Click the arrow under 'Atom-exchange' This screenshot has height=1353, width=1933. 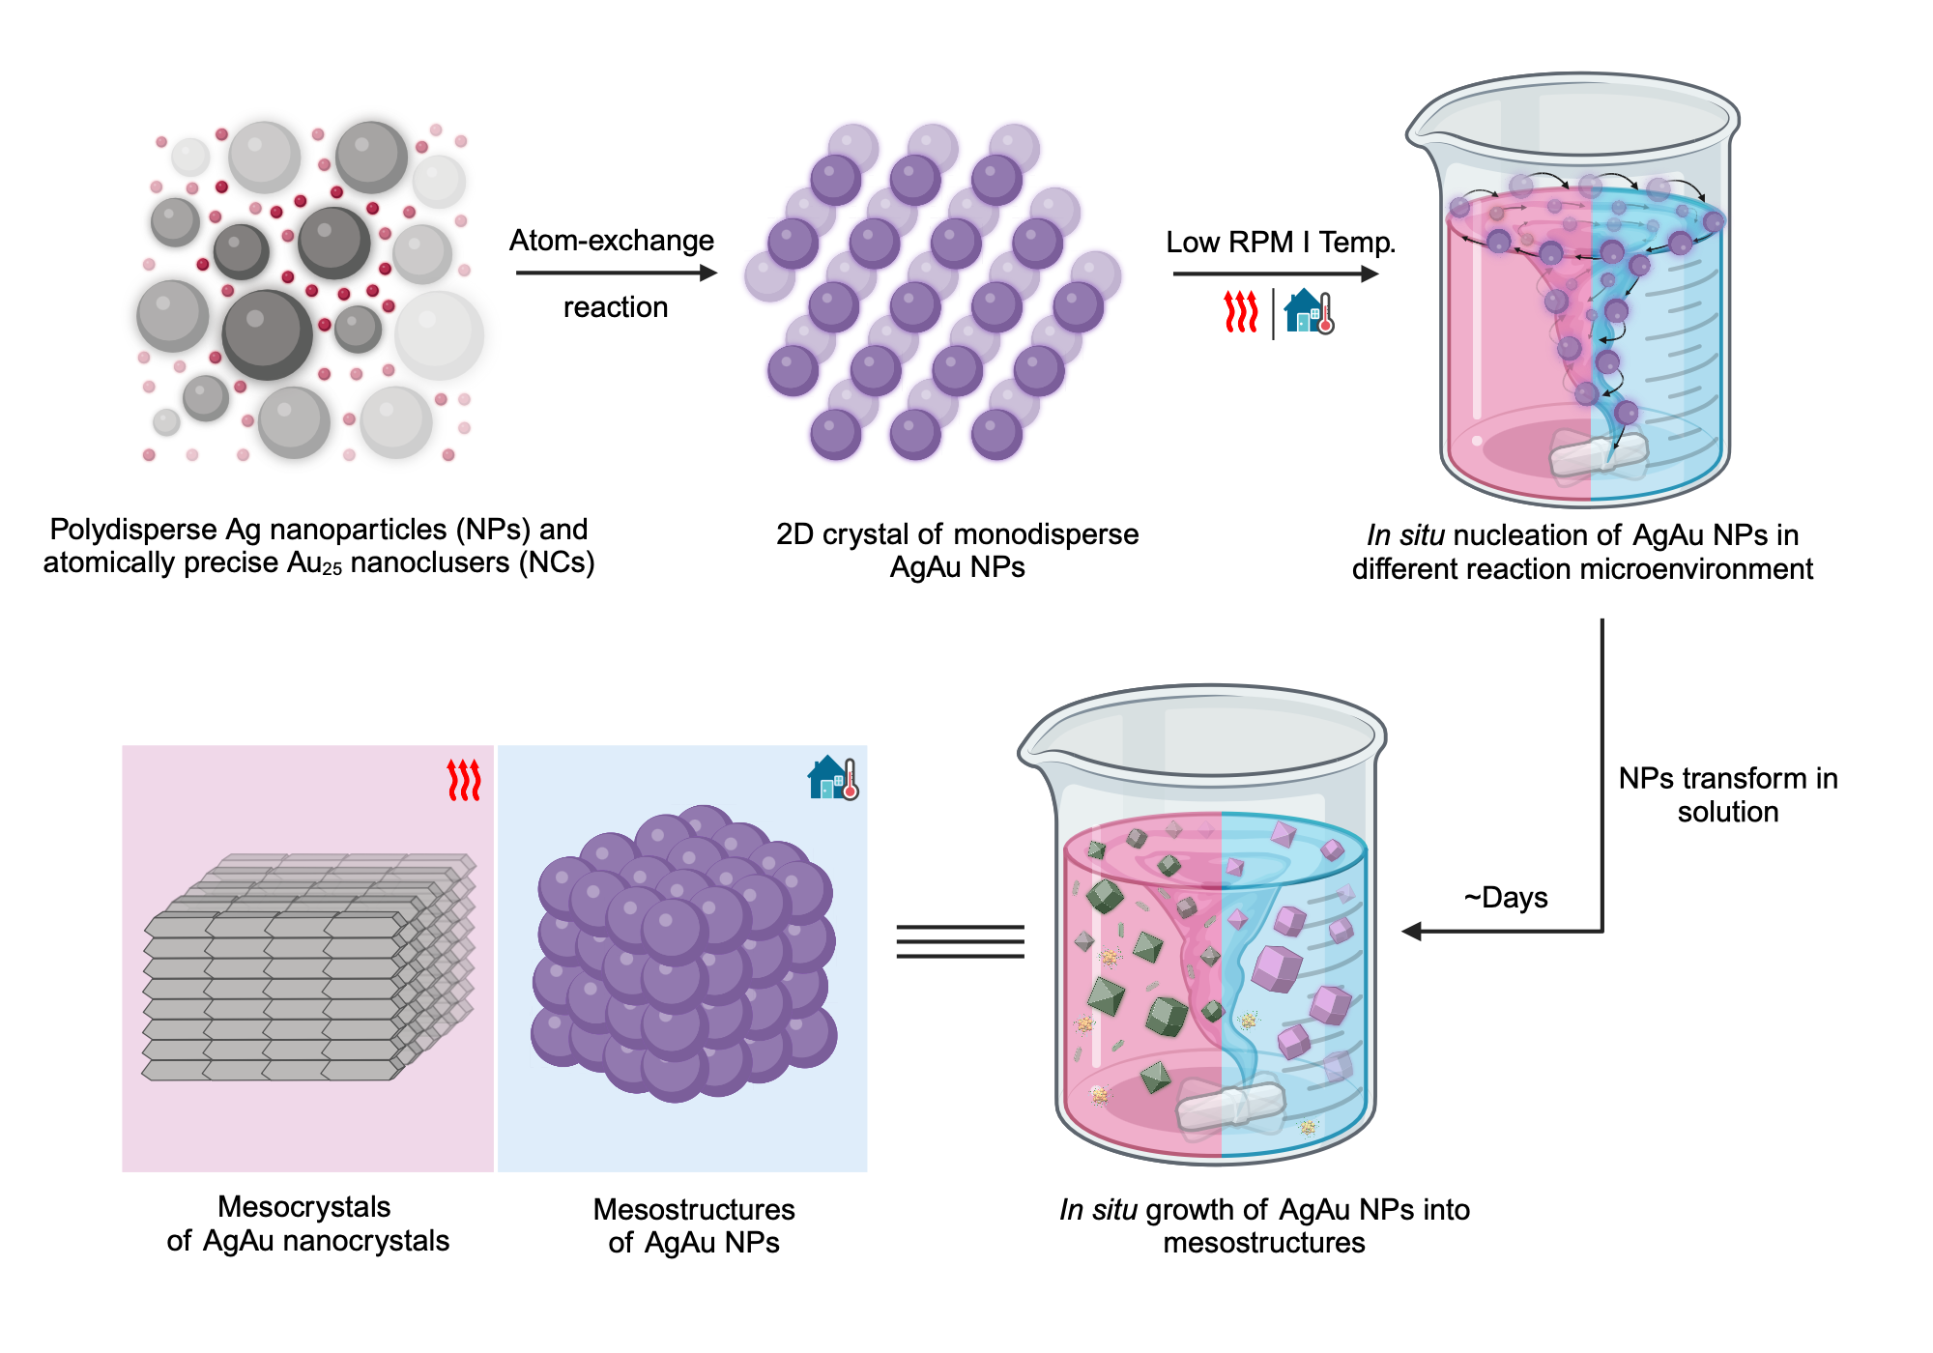(x=616, y=273)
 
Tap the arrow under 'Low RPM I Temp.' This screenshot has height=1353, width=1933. (x=1275, y=273)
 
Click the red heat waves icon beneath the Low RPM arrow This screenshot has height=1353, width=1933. (x=1241, y=311)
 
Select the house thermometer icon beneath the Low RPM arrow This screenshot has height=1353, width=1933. (x=1310, y=311)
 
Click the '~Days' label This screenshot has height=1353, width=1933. (x=1506, y=897)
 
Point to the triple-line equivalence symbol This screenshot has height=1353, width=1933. (x=960, y=941)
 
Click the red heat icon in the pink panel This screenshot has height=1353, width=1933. (x=464, y=780)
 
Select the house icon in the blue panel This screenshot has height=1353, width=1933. (x=832, y=778)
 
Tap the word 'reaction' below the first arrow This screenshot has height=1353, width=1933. (x=616, y=307)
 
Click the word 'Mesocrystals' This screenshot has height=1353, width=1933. (x=303, y=1206)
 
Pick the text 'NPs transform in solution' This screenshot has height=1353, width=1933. (x=1727, y=794)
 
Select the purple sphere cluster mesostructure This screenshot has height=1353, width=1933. (x=683, y=952)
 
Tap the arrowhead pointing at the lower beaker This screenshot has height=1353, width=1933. (x=1412, y=932)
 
